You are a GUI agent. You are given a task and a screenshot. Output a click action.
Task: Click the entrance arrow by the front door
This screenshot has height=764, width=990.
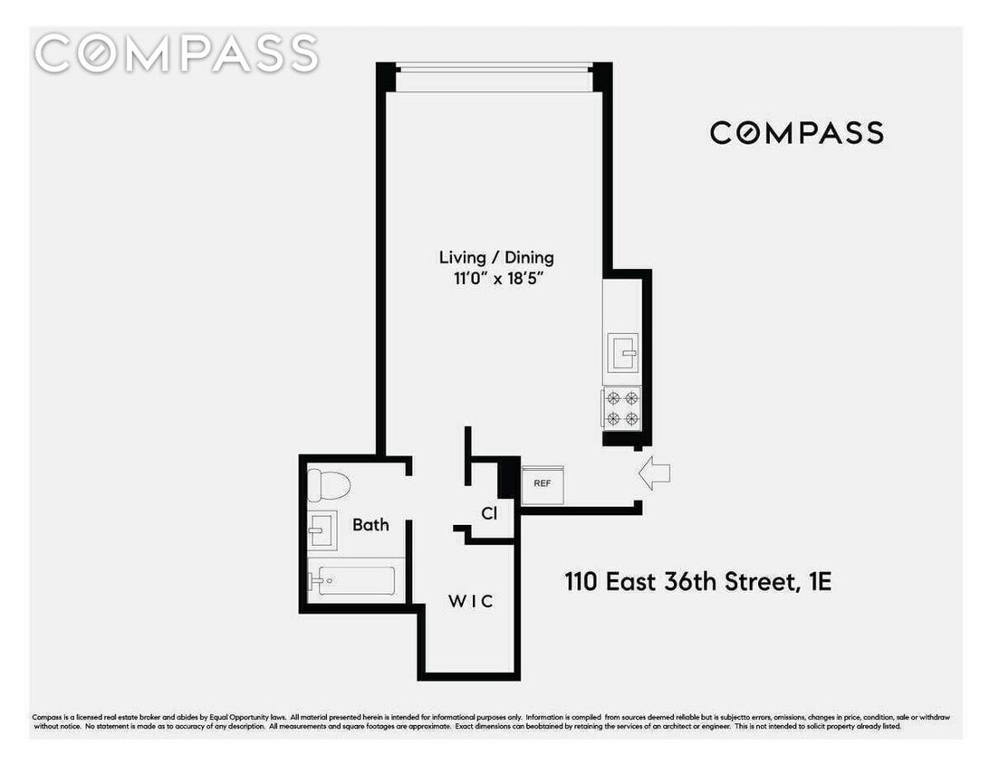[654, 473]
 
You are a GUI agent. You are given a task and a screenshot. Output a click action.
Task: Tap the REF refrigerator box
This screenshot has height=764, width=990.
[543, 483]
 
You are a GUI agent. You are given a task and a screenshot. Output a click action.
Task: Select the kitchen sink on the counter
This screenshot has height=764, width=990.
[622, 352]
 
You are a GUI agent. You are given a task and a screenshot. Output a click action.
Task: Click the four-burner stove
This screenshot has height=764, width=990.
[621, 407]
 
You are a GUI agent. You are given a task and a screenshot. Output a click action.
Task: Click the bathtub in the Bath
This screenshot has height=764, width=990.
[354, 579]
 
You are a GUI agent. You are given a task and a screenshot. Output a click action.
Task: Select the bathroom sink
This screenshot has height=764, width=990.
[321, 530]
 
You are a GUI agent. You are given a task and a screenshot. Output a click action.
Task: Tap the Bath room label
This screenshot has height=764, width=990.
[370, 524]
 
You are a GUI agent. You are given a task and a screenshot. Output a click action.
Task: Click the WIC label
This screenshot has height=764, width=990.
[472, 601]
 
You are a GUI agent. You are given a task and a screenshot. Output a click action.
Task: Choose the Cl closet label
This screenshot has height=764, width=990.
[489, 513]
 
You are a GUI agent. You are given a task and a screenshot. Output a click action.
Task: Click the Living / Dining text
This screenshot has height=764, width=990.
[496, 258]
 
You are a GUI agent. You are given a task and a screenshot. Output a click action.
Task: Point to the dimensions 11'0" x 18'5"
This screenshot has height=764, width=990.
[496, 280]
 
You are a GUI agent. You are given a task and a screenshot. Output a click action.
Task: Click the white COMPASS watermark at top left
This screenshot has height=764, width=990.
[177, 53]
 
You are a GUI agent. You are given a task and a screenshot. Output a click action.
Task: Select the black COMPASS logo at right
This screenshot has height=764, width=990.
[796, 133]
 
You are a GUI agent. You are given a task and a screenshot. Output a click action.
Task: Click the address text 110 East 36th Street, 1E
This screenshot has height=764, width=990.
[697, 581]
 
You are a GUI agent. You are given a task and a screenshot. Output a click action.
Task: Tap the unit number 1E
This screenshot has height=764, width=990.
[818, 581]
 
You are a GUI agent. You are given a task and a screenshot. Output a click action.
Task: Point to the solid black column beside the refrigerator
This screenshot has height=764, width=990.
[509, 479]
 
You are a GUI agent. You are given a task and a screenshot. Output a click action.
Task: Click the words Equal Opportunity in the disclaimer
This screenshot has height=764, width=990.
[255, 716]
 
